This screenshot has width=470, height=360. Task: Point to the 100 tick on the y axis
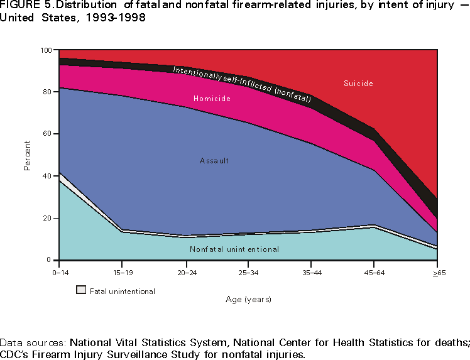point(46,50)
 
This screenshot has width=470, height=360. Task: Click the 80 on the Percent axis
point(48,92)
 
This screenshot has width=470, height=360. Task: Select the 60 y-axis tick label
point(48,134)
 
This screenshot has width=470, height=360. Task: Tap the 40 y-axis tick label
point(48,177)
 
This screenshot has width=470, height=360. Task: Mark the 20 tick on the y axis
point(48,219)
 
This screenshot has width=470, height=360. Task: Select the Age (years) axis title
point(249,299)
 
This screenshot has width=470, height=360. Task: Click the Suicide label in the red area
point(359,84)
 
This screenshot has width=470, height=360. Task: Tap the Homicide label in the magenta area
point(212,99)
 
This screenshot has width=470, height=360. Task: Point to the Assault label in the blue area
point(214,161)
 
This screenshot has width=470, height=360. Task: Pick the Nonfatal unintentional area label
point(234,249)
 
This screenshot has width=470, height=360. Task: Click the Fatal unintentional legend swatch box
point(81,290)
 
